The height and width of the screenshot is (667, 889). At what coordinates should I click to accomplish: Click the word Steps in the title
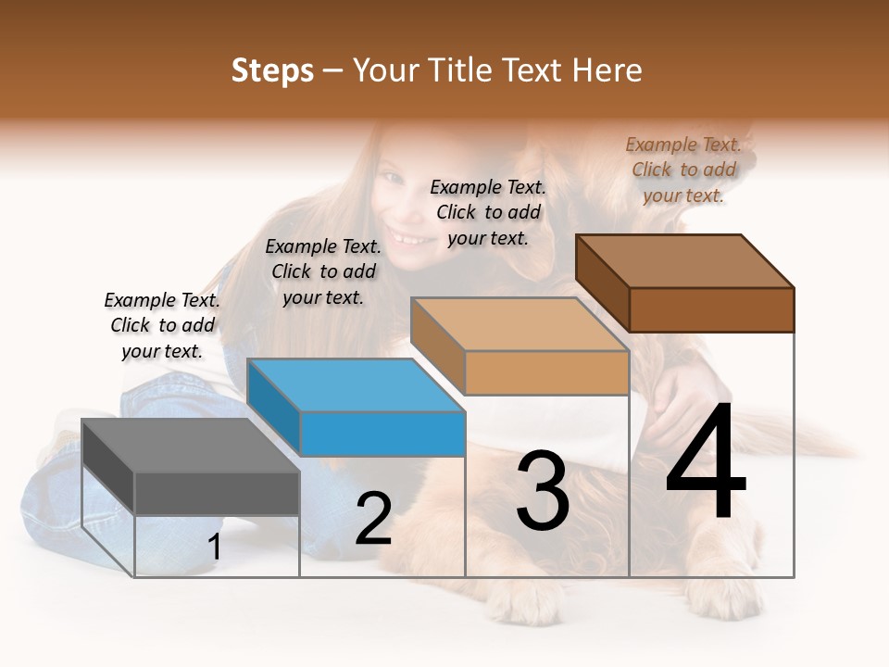tap(272, 70)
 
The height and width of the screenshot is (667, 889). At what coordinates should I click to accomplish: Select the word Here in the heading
tap(607, 70)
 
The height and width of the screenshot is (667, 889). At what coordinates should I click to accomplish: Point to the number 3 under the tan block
tap(543, 490)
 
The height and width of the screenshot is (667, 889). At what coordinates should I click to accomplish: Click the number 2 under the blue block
tap(373, 519)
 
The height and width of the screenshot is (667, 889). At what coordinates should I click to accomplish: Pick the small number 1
tap(215, 547)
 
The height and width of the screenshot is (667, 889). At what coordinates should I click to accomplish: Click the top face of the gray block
tap(190, 446)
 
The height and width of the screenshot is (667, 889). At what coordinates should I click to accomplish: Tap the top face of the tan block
tap(519, 324)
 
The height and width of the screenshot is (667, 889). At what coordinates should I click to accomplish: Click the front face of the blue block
tap(382, 434)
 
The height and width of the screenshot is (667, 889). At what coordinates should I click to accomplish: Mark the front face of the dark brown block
tap(711, 309)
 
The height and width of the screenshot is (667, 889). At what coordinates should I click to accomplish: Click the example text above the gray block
tap(162, 325)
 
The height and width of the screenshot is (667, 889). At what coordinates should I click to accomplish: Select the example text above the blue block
tap(323, 271)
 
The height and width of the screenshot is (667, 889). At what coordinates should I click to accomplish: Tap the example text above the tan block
tap(488, 212)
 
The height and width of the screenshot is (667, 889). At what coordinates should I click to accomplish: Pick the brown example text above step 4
tap(683, 170)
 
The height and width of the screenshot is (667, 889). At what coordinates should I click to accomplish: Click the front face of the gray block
tap(217, 493)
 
